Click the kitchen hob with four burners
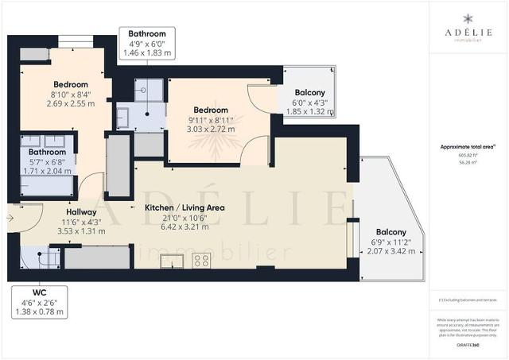pyautogui.click(x=202, y=258)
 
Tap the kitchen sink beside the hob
pyautogui.click(x=177, y=260)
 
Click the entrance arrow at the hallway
pyautogui.click(x=9, y=215)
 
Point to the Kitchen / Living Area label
pyautogui.click(x=184, y=207)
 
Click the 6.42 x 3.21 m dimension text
pyautogui.click(x=184, y=226)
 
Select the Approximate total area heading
pyautogui.click(x=468, y=147)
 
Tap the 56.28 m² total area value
pyautogui.click(x=468, y=161)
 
